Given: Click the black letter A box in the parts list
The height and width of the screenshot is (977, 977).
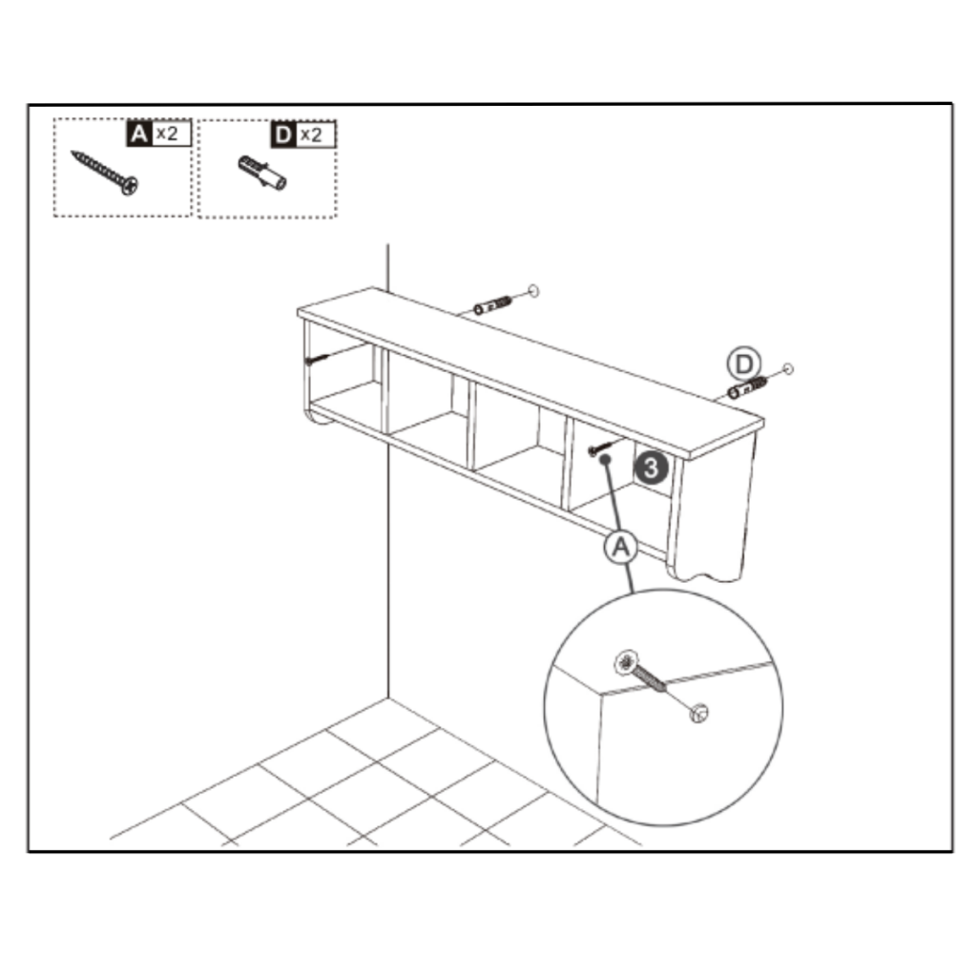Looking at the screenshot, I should click(x=138, y=134).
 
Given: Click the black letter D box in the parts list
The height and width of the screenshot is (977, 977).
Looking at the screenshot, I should click(x=282, y=135).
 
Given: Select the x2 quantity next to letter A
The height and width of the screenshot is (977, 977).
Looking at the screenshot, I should click(x=168, y=134).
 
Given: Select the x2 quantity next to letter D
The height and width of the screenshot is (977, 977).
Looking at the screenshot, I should click(x=312, y=135).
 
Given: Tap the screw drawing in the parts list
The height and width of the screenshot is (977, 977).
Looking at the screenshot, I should click(x=105, y=172).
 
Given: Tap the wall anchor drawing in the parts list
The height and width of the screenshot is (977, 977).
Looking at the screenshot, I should click(x=262, y=173).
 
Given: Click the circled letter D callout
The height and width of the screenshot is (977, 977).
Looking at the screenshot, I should click(x=742, y=364).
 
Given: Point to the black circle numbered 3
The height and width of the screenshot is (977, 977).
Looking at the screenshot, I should click(x=651, y=468).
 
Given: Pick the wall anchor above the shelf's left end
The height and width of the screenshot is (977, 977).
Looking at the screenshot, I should click(x=490, y=305).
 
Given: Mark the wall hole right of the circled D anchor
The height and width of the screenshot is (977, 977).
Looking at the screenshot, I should click(x=787, y=369).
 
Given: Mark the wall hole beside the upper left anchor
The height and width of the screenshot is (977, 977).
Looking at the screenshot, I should click(x=533, y=288).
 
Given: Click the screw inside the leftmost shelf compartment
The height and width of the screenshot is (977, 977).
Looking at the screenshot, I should click(x=317, y=360).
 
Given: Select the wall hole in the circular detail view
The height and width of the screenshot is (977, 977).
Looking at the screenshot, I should click(x=698, y=711).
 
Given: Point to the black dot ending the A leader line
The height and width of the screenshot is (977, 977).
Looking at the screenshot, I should click(x=605, y=459).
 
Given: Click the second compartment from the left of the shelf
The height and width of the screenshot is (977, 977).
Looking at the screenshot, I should click(x=426, y=401).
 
